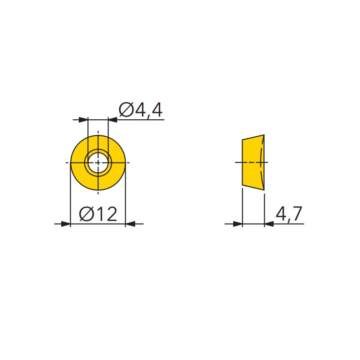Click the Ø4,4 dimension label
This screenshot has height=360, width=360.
(141, 110)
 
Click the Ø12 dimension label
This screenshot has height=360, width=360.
(98, 214)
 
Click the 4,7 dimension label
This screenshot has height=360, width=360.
(288, 214)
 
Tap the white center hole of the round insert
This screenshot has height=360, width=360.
(98, 162)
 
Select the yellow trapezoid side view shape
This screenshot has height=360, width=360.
(253, 162)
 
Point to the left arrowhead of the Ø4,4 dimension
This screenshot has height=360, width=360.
(83, 120)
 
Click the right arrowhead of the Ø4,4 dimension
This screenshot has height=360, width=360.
(112, 120)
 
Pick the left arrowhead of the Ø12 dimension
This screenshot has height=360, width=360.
(66, 224)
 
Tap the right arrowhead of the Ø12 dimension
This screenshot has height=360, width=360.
(130, 224)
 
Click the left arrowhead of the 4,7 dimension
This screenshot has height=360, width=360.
(238, 224)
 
